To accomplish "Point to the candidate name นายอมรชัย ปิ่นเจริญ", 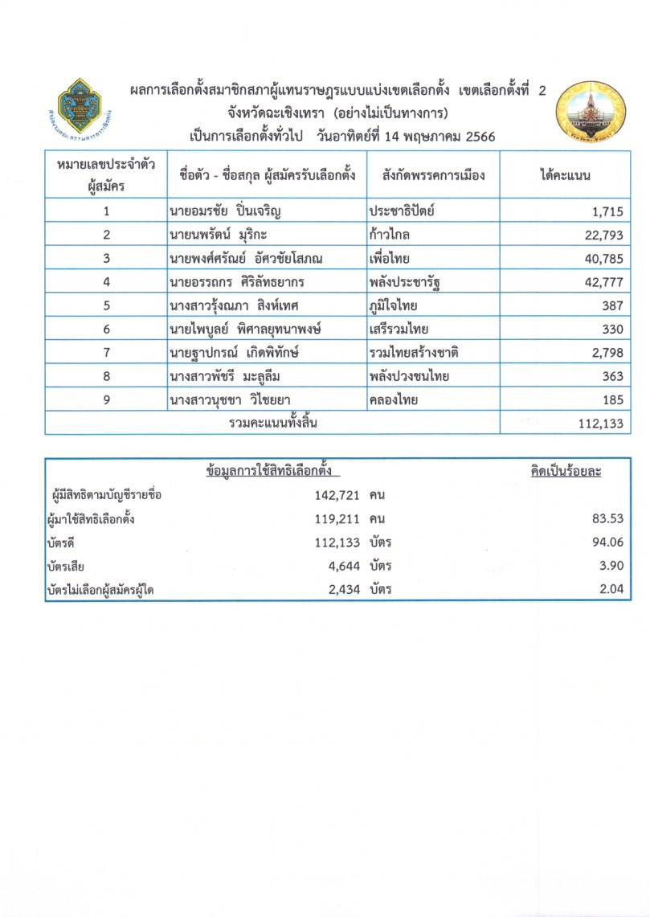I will [227, 212].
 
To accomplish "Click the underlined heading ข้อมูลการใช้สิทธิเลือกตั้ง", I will [268, 472].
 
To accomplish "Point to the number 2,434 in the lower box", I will [341, 590].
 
